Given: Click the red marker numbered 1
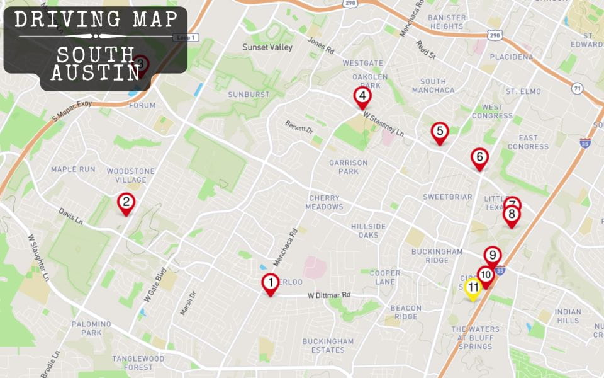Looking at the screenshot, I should coord(271,283).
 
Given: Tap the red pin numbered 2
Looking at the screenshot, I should coord(126,202).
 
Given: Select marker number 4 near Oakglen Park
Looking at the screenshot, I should coord(362,96).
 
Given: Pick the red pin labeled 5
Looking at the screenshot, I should coord(440,132).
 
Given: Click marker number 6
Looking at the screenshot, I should coord(479,157).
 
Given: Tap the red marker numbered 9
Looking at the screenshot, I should coord(493,256).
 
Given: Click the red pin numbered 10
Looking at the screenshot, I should coord(485,275).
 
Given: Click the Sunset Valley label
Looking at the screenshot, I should coord(263,47).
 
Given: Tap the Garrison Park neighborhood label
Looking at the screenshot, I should coord(348,167).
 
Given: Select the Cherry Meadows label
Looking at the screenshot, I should coord(325,202).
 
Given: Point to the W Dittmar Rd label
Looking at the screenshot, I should coord(328,295).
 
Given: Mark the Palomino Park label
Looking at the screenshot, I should coord(91,328).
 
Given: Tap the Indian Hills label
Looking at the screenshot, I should coord(568,316).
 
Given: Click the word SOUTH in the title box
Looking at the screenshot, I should coord(96,54).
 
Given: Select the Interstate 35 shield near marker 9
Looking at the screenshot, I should coord(500,270).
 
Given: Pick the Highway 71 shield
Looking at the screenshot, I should coord(578,89).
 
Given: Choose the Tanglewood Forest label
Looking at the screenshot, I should coord(138,363).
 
